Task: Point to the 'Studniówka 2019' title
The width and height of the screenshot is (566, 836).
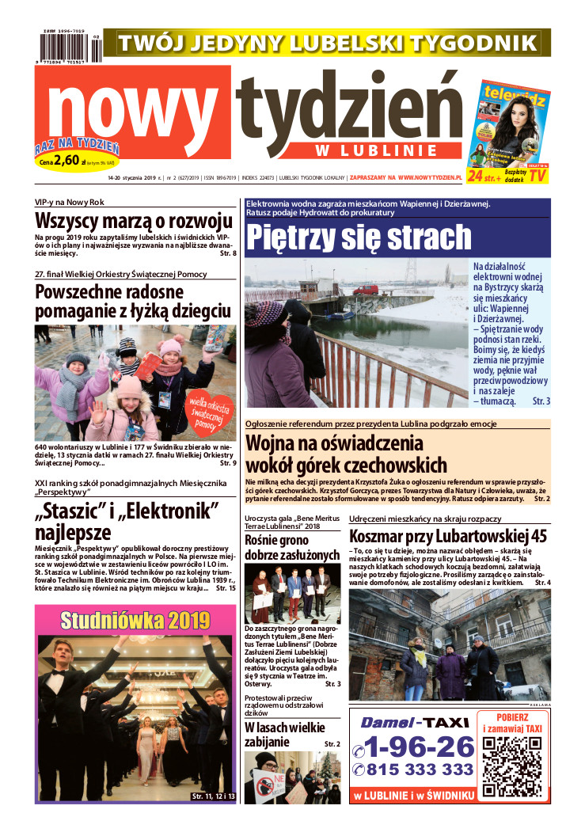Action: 135,620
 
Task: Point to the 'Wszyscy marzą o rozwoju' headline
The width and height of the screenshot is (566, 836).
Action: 134,221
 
